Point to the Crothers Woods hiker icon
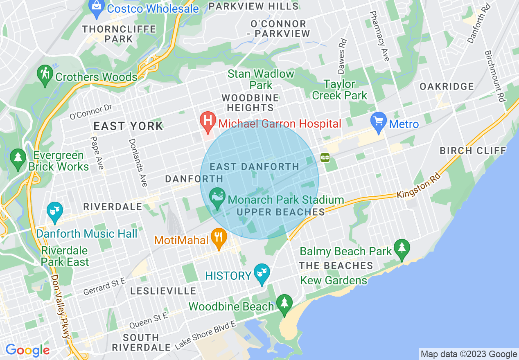(45, 75)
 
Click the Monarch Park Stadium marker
(217, 198)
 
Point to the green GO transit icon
(325, 157)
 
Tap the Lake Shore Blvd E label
(205, 335)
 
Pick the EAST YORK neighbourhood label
(129, 126)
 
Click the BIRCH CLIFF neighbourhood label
(473, 151)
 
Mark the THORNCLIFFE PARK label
(119, 34)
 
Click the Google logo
(27, 350)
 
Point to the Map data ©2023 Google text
(469, 354)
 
